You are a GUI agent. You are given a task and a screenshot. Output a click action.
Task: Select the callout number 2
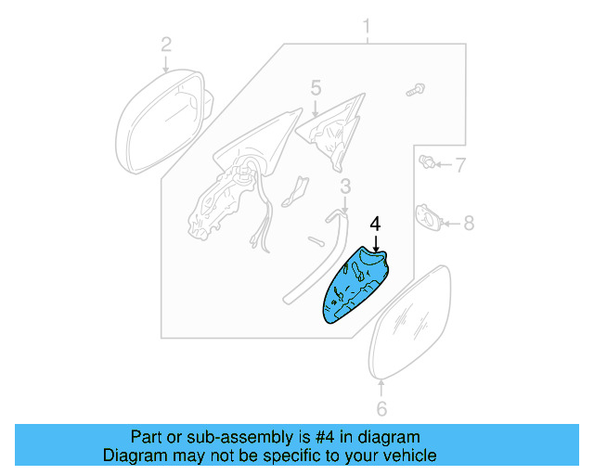(x=166, y=44)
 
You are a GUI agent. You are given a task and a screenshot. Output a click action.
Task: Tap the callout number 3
(x=344, y=187)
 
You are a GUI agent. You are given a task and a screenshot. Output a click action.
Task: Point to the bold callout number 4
(x=375, y=225)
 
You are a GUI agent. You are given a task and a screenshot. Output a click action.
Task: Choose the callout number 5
(x=315, y=88)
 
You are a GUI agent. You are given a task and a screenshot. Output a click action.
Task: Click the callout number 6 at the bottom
(x=381, y=409)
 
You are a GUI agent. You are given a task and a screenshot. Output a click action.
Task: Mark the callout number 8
(x=469, y=223)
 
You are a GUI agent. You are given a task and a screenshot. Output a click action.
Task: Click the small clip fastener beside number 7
(x=429, y=165)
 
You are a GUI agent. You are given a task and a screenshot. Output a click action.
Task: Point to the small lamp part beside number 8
(x=429, y=218)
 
